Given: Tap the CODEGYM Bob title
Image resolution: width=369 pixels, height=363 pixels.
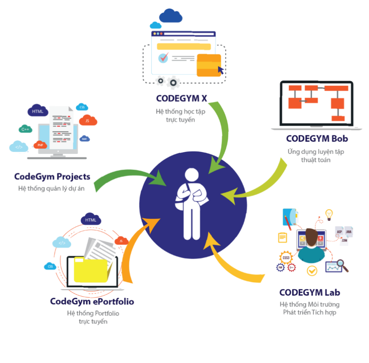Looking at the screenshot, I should pos(317,138).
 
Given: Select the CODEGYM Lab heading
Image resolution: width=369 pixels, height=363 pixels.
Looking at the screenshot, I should pos(310,292).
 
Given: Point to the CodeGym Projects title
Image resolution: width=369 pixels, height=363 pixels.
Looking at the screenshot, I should pos(52,176).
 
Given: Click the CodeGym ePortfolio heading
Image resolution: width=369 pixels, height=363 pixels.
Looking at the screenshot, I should pos(92,302).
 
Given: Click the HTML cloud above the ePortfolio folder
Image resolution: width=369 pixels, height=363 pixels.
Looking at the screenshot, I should pos(91,220).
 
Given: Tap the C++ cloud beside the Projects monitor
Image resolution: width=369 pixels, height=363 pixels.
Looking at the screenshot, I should pos(25,130).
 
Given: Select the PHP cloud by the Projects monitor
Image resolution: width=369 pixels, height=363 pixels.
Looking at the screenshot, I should pos(40,145).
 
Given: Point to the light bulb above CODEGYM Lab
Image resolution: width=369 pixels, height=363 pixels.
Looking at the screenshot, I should pos(329,214).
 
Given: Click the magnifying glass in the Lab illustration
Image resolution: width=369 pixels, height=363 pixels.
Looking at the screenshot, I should pos(344,265).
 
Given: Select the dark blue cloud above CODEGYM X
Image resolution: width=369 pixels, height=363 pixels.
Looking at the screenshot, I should pos(171,16).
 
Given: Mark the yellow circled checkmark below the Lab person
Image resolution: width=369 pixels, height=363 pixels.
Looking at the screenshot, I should pos(311,270).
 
